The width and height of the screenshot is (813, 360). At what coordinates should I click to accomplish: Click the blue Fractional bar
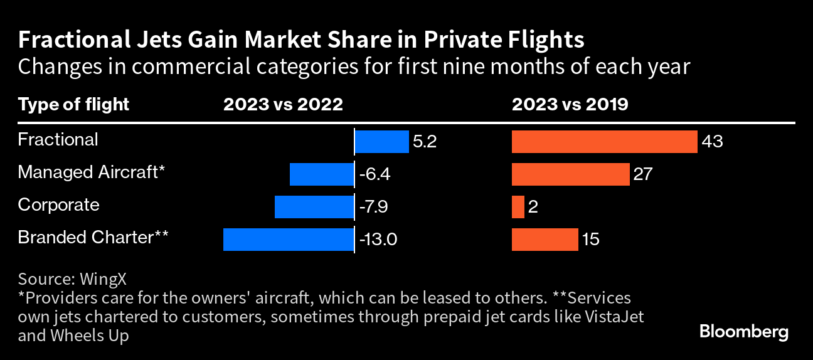pyautogui.click(x=382, y=142)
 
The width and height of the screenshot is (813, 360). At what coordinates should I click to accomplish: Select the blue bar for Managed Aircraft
pyautogui.click(x=321, y=174)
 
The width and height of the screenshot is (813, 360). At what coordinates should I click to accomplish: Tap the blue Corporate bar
pyautogui.click(x=314, y=206)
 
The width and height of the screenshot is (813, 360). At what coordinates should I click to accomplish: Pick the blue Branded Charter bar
pyautogui.click(x=288, y=239)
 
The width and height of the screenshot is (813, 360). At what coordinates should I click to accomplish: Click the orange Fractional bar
pyautogui.click(x=604, y=142)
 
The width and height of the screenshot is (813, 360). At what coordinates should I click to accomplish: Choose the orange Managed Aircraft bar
pyautogui.click(x=570, y=174)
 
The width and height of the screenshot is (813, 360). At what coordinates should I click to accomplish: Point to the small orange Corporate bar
pyautogui.click(x=518, y=206)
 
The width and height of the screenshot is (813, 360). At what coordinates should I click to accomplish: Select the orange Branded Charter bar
pyautogui.click(x=545, y=239)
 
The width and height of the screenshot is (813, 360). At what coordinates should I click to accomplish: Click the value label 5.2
pyautogui.click(x=425, y=142)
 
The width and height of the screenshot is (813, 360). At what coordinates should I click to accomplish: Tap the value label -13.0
pyautogui.click(x=379, y=240)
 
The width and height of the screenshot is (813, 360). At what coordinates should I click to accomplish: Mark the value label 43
pyautogui.click(x=712, y=142)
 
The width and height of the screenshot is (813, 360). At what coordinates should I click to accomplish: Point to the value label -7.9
pyautogui.click(x=375, y=207)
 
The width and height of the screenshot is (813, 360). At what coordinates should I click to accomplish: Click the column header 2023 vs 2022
pyautogui.click(x=284, y=104)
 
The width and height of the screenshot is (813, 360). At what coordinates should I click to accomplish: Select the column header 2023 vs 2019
pyautogui.click(x=570, y=104)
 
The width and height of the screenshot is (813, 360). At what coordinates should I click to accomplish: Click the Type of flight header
pyautogui.click(x=73, y=104)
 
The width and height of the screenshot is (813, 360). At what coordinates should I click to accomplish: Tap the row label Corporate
pyautogui.click(x=58, y=205)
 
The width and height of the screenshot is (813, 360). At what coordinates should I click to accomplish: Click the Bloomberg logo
pyautogui.click(x=743, y=332)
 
